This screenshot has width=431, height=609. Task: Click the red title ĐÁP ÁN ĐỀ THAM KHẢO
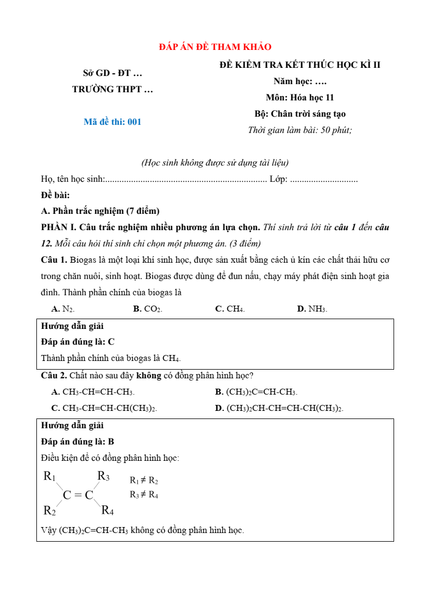(215, 47)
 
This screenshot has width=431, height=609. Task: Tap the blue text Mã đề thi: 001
(112, 122)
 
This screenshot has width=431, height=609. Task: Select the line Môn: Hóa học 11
(300, 98)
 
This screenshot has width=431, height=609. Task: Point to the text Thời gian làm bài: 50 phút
(300, 130)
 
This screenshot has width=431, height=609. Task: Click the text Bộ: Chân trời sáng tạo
(300, 114)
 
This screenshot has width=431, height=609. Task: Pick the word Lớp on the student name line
(278, 179)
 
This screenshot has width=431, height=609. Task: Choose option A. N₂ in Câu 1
(62, 309)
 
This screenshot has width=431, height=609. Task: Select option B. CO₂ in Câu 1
(148, 309)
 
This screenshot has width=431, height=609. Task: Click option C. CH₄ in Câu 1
(230, 309)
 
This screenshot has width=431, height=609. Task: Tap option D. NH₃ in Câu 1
(312, 309)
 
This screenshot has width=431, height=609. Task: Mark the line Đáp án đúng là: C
(78, 342)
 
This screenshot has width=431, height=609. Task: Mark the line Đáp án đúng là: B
(78, 442)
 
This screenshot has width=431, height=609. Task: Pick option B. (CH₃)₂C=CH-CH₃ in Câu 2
(256, 392)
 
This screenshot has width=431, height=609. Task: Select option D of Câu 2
(279, 408)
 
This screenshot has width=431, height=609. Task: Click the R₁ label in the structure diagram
(49, 477)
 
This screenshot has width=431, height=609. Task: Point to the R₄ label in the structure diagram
(107, 511)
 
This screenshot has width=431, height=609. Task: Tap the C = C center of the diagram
(78, 494)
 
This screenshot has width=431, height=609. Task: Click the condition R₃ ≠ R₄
(144, 494)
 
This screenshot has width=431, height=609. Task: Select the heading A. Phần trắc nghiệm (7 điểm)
(100, 211)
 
